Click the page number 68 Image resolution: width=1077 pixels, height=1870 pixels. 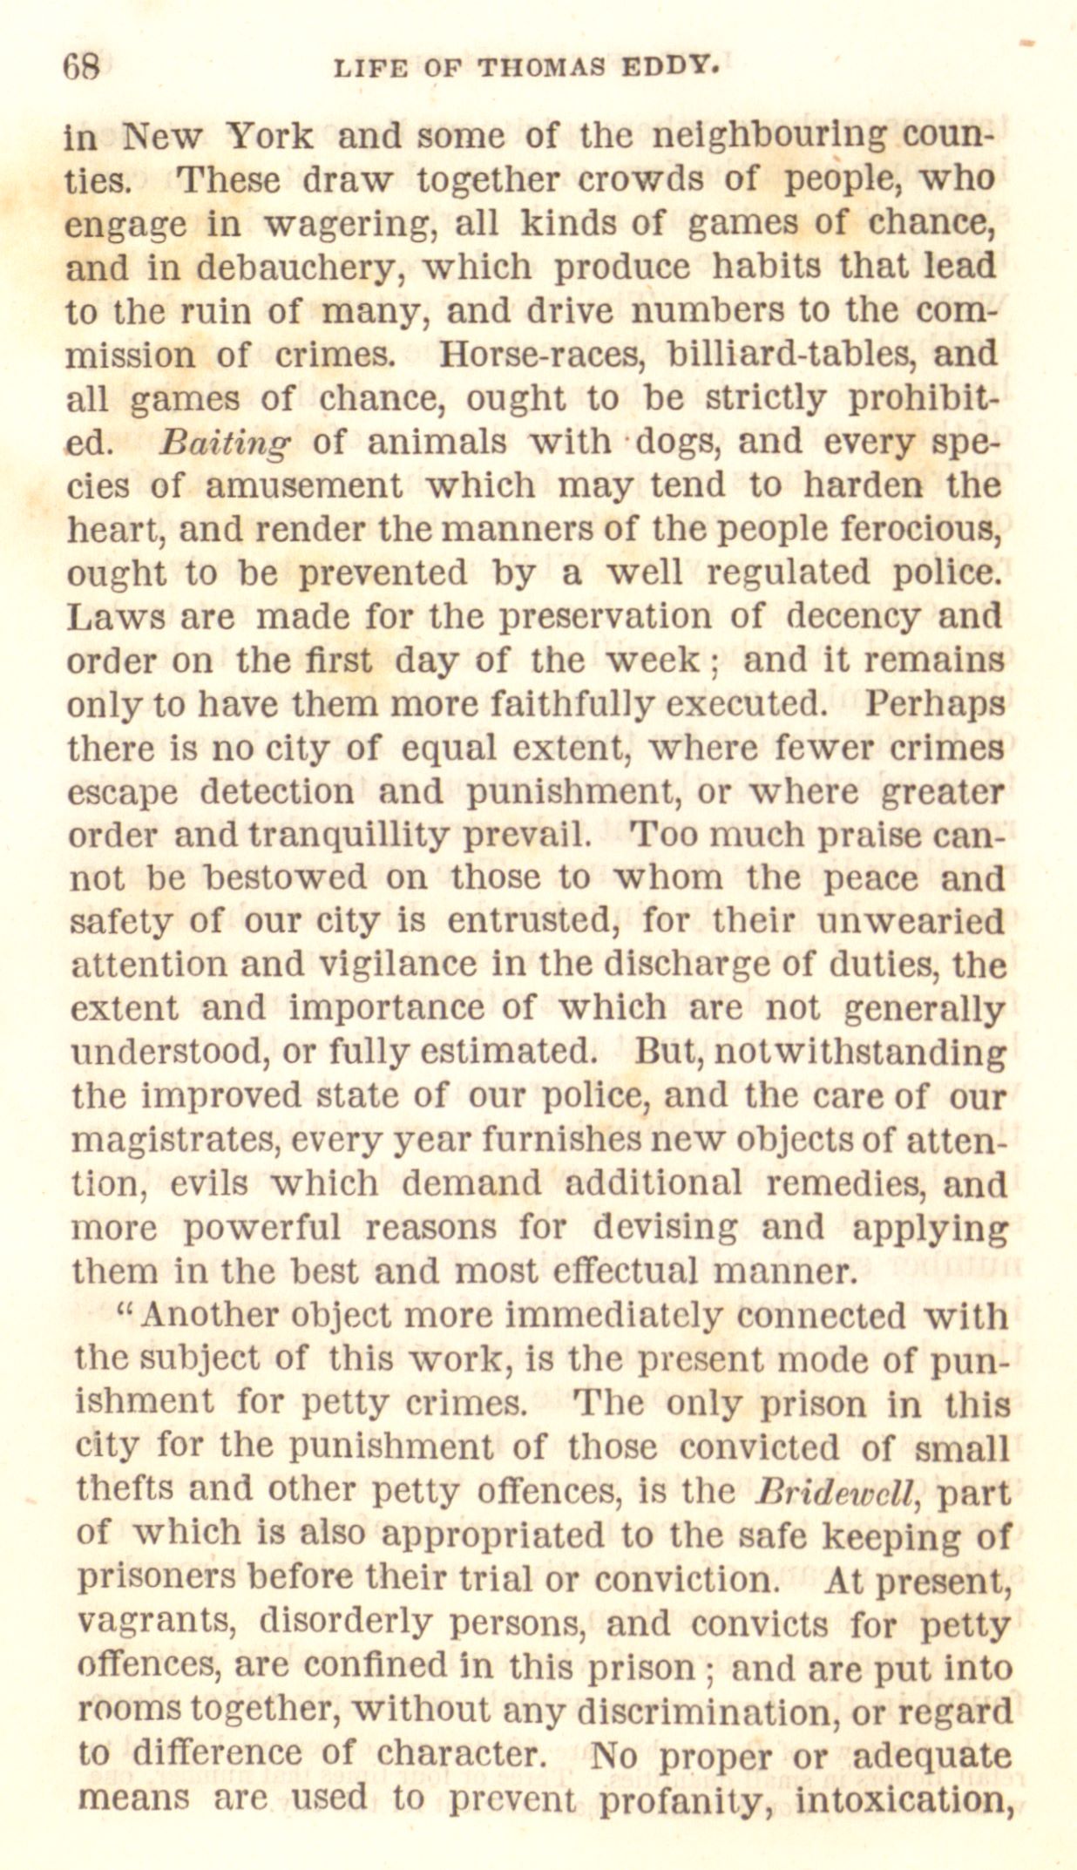85,67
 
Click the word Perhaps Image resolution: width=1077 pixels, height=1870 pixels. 936,703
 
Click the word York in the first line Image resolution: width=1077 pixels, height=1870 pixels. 269,137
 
